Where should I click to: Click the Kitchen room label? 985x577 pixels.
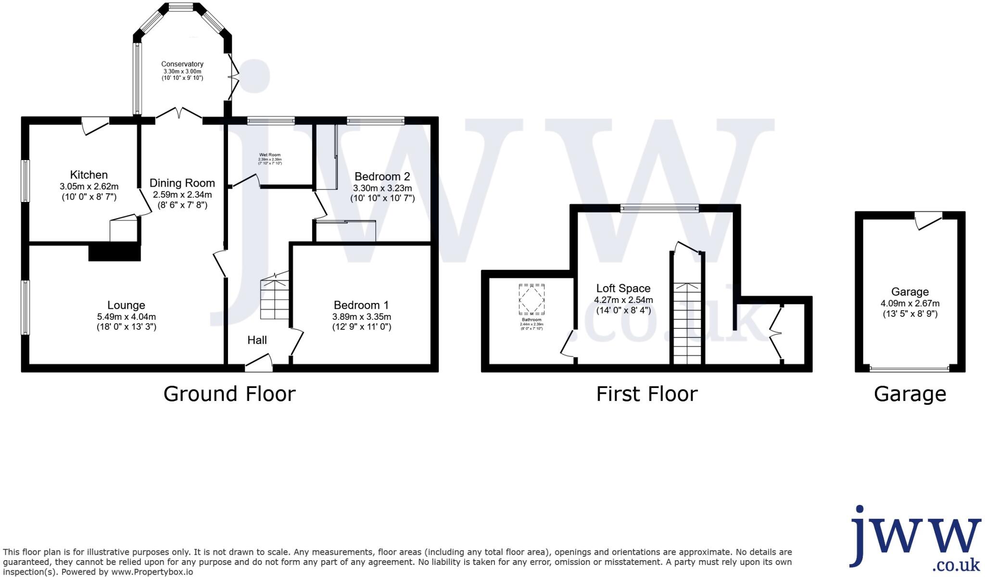pos(89,175)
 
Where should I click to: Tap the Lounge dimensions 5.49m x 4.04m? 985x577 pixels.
pos(126,317)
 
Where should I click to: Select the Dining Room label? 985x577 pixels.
pos(182,183)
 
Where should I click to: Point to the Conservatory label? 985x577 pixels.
pos(182,64)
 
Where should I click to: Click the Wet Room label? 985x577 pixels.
pos(270,155)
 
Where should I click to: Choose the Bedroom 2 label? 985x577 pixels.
pos(382,176)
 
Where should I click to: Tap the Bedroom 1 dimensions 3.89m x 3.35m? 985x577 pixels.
pos(361,317)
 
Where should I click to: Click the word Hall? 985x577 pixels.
pos(257,340)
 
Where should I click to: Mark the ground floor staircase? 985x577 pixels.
pos(275,298)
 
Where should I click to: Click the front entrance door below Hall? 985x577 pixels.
pos(259,364)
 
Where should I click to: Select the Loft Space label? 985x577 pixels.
pos(623,288)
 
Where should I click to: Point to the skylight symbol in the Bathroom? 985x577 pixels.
pos(531,300)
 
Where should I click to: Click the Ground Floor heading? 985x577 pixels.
pos(229,394)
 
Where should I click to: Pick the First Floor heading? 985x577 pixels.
pos(646,394)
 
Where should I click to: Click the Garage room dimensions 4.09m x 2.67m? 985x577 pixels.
pos(909,303)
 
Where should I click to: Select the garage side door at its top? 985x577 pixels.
pos(928,221)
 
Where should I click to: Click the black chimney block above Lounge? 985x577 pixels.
pos(114,253)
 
